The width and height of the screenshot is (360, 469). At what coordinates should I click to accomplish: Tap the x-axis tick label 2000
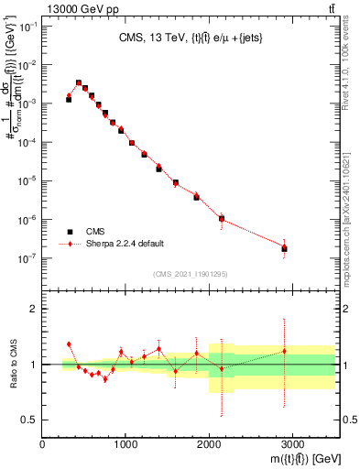[209, 446]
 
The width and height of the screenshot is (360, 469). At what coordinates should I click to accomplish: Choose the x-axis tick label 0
[43, 446]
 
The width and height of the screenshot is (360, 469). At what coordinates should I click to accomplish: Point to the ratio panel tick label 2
[33, 310]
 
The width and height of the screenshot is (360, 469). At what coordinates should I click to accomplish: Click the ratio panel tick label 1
[33, 365]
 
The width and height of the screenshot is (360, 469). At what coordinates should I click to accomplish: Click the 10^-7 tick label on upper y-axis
[28, 258]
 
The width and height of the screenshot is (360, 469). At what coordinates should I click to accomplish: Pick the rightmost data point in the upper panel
[284, 248]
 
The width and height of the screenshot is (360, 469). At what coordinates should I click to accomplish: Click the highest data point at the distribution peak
[78, 82]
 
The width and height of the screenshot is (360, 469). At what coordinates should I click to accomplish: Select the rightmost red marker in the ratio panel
[284, 351]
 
